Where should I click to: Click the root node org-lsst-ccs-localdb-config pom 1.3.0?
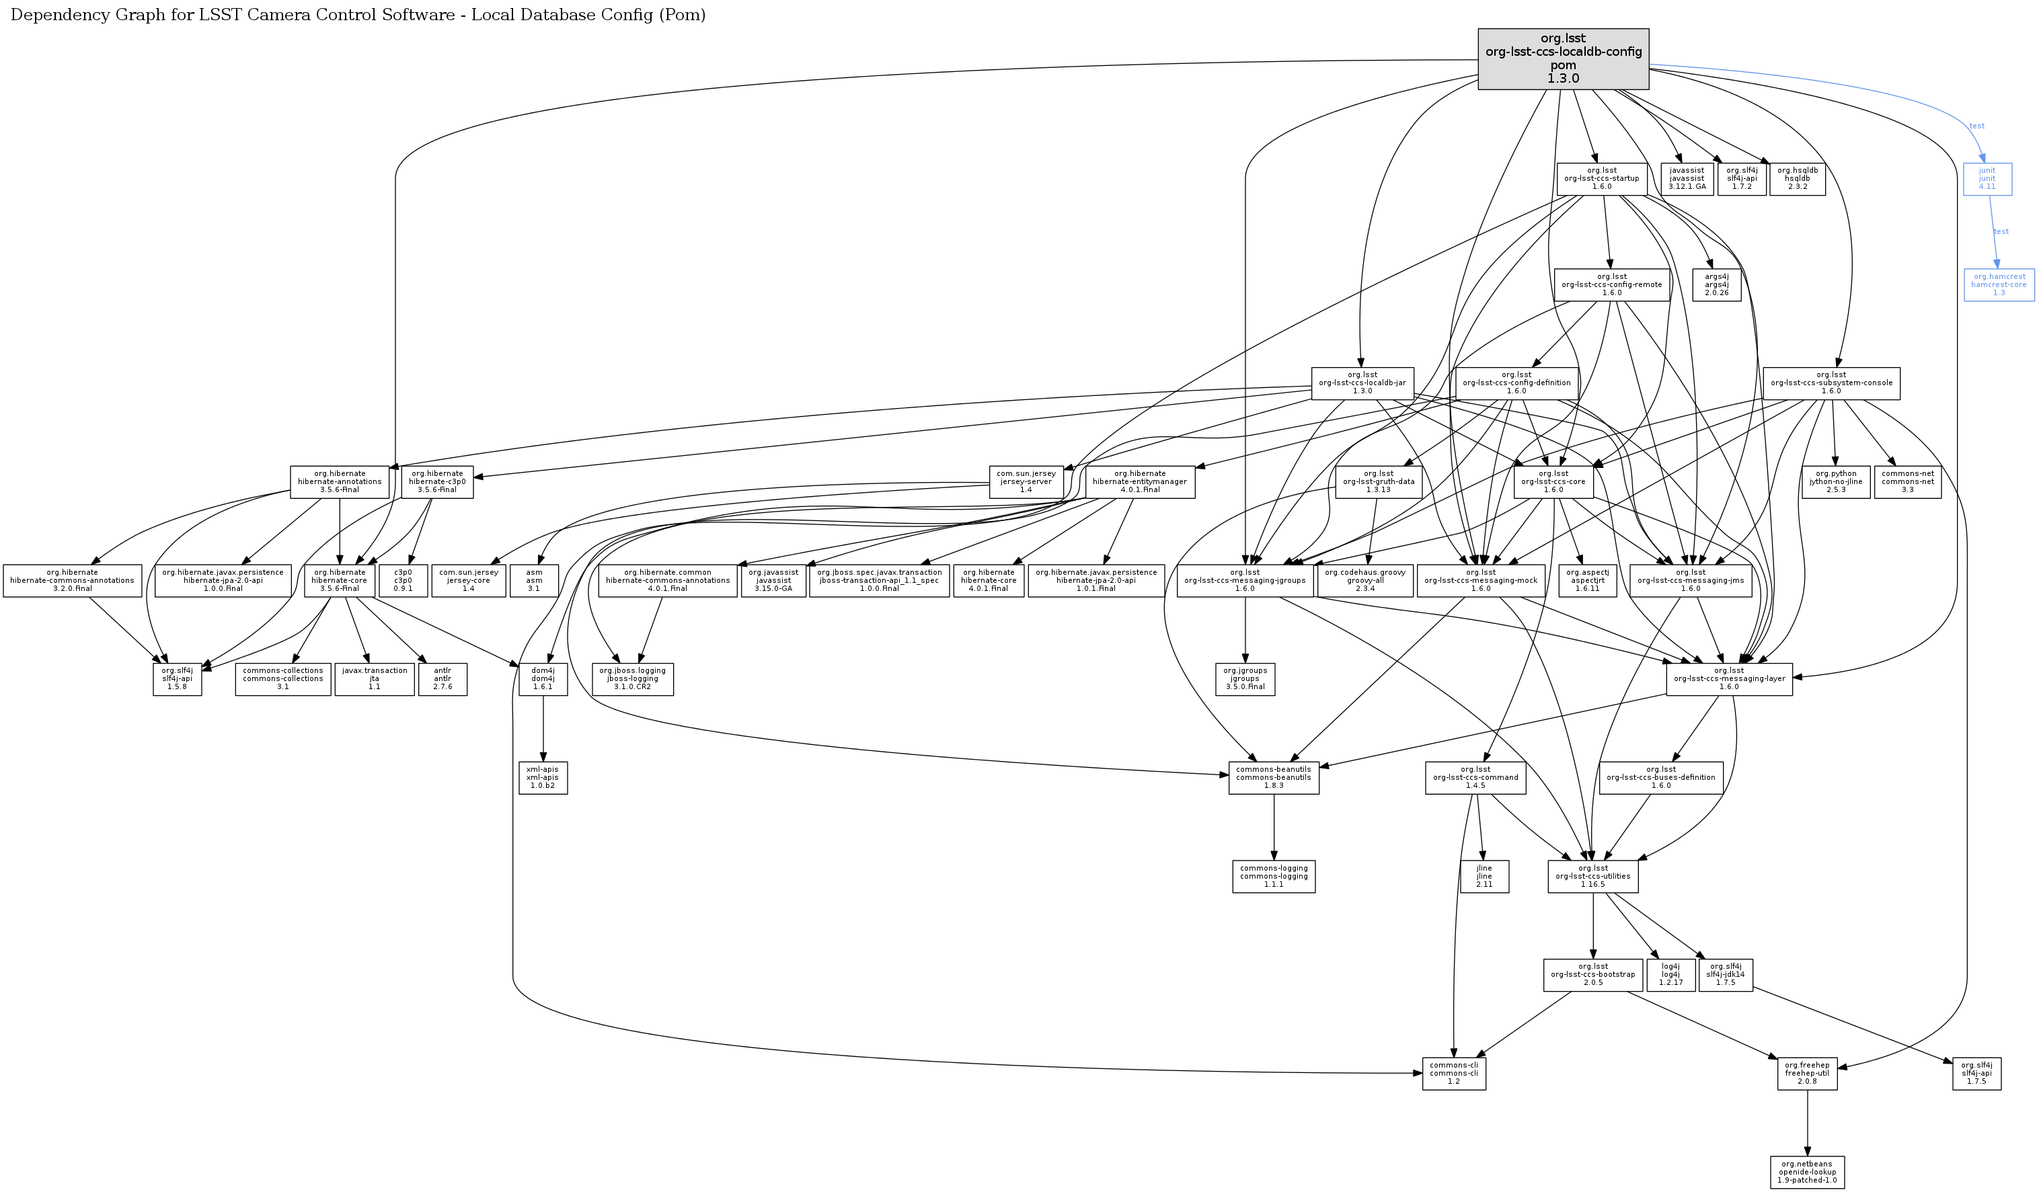tap(1562, 59)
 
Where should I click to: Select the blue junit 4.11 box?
tap(1987, 179)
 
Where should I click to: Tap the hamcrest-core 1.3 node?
tap(1999, 284)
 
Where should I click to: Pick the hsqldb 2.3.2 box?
tap(1797, 179)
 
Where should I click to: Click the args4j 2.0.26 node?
tap(1716, 284)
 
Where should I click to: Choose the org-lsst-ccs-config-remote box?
tap(1611, 284)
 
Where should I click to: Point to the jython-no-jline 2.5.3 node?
tap(1835, 482)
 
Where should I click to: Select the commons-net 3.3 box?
tap(1907, 482)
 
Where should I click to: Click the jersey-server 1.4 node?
tap(1025, 482)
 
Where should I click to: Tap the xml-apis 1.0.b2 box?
tap(542, 778)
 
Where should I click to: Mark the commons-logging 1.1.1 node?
tap(1274, 877)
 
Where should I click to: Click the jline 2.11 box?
tap(1484, 877)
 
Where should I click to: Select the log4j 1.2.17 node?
tap(1670, 974)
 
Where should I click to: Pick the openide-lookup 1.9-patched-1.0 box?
tap(1807, 1172)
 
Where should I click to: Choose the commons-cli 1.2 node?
tap(1453, 1073)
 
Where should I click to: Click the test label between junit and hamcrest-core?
tap(2001, 232)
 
